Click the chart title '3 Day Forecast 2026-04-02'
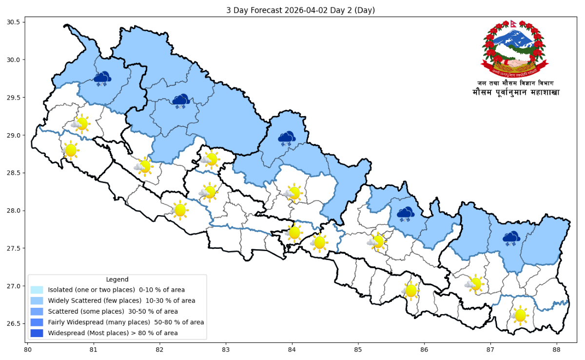[300, 10]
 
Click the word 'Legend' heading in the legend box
[117, 279]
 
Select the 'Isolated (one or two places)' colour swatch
[37, 290]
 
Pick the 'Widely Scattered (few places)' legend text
[121, 300]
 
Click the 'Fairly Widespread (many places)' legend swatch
[37, 322]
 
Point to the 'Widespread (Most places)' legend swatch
[37, 333]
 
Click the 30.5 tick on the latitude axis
[13, 22]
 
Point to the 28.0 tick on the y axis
[13, 211]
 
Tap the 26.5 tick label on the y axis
[13, 324]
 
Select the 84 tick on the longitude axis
[292, 349]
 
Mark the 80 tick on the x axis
[28, 349]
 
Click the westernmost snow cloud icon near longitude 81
[102, 79]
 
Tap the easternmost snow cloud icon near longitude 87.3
[511, 239]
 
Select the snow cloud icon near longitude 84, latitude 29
[287, 139]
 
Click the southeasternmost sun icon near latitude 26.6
[520, 315]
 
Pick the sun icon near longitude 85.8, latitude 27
[411, 291]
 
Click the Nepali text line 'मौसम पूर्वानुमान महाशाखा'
[516, 92]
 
